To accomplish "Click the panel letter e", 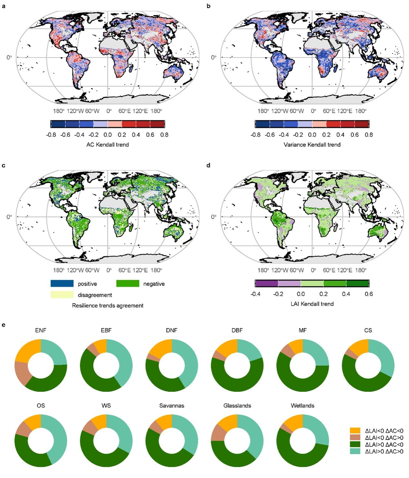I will click(x=4, y=325).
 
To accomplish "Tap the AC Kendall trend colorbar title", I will click(x=107, y=145).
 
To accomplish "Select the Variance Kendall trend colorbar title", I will click(x=312, y=145).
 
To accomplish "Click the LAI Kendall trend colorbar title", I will click(x=312, y=304).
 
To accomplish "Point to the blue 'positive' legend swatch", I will click(x=62, y=284).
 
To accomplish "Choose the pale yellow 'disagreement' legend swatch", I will click(x=62, y=295).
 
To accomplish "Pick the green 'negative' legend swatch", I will click(x=128, y=284).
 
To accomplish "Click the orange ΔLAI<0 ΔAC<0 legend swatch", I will click(x=355, y=431).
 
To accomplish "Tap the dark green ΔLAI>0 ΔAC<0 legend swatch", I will click(x=355, y=445).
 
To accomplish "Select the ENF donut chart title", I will click(x=41, y=331).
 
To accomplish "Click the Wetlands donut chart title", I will click(x=302, y=406).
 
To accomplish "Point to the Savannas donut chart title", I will click(x=172, y=406).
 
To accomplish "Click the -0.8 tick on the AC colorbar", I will click(x=51, y=135).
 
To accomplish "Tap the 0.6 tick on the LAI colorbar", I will click(x=369, y=294).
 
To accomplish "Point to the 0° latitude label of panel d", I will click(x=214, y=217).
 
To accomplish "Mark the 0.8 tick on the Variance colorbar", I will click(x=369, y=135).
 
